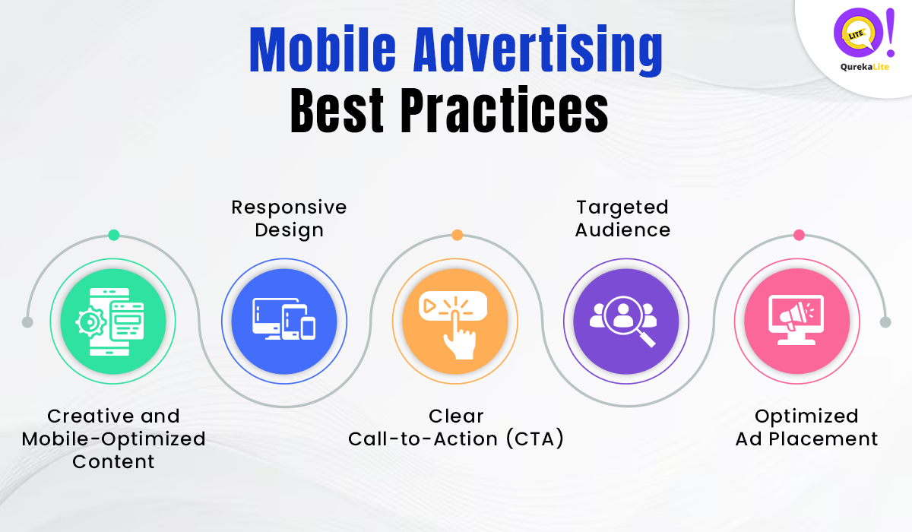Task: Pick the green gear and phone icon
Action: pos(113,322)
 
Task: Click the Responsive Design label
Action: pos(289,218)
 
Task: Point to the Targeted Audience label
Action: pos(622,218)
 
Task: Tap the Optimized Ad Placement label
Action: pos(806,427)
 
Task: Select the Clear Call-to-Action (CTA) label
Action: pos(456,427)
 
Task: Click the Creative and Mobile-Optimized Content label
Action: pos(113,439)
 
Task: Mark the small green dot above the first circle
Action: pos(113,235)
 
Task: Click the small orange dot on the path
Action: pos(457,235)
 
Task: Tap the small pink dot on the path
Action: pos(799,235)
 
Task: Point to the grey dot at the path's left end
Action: pos(27,322)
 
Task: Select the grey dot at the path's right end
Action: pos(885,322)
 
